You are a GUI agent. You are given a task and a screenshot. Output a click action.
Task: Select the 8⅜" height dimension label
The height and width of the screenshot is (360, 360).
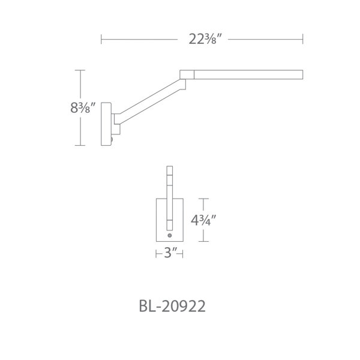pyautogui.click(x=83, y=107)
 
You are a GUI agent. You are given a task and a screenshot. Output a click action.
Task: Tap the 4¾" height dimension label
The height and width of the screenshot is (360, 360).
pyautogui.click(x=203, y=220)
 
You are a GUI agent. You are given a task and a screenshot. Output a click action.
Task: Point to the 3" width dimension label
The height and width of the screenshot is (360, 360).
pyautogui.click(x=169, y=254)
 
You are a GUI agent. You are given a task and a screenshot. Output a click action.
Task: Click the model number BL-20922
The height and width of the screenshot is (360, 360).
pyautogui.click(x=172, y=306)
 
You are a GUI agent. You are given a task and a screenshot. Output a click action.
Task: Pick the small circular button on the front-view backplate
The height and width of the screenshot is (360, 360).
pyautogui.click(x=170, y=235)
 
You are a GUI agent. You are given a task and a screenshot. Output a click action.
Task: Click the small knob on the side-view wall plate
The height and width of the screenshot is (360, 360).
pyautogui.click(x=112, y=139)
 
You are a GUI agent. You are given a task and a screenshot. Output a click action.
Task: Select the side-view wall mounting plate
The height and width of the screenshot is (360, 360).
pyautogui.click(x=106, y=124)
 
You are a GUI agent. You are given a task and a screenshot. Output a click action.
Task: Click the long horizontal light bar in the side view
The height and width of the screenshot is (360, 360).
pyautogui.click(x=248, y=74)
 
